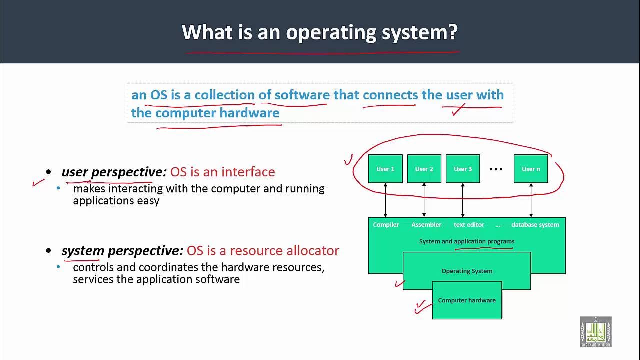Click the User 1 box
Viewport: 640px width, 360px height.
coord(385,169)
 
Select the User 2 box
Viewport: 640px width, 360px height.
coord(424,169)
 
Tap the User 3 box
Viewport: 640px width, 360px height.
coord(463,169)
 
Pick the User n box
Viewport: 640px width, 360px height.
coord(531,169)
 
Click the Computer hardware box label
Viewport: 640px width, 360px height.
coord(467,300)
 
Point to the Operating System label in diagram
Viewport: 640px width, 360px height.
coord(467,271)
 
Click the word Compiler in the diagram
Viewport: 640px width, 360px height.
coord(386,225)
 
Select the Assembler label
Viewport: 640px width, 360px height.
coord(426,225)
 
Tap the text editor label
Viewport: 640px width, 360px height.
coord(469,225)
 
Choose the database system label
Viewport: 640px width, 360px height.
coord(535,225)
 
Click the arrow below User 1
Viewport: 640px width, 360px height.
coord(385,200)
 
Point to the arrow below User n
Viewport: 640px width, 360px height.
coord(531,200)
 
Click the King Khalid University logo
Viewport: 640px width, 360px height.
coord(595,331)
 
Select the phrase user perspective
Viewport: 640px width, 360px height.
coord(114,172)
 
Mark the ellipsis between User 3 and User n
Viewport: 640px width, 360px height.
coord(496,169)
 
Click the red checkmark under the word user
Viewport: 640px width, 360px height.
coord(458,109)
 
